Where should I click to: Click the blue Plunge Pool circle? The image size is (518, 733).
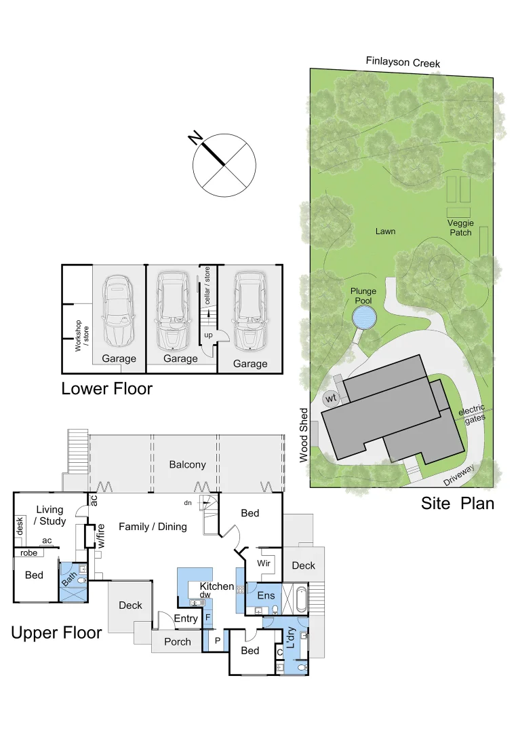pos(364,317)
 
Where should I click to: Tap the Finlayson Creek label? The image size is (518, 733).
pos(403,62)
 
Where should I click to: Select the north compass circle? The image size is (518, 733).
pos(224,163)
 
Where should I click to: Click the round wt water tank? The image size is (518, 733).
pos(331,398)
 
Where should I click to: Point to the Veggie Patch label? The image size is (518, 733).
pos(460,228)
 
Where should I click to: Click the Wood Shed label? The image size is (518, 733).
pos(304,435)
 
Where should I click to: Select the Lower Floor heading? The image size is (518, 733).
pos(106,389)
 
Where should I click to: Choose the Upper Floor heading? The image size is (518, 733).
pos(56,633)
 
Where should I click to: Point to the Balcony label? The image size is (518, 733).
pos(187,465)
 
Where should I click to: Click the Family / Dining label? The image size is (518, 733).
pos(153,526)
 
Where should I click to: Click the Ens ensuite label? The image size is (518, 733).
pos(264,595)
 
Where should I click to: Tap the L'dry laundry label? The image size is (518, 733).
pos(290,639)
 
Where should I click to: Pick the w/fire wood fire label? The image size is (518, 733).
pos(101,535)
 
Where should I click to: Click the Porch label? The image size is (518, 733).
pos(178,641)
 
